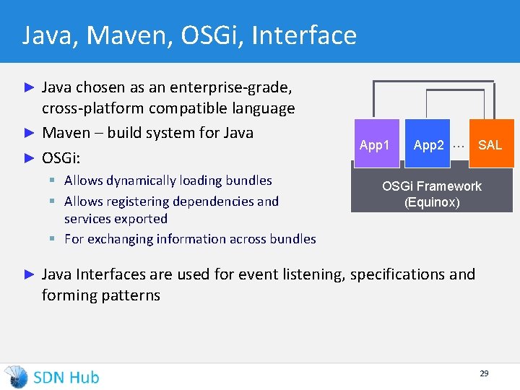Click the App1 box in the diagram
[x=375, y=145]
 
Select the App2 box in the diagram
[x=428, y=145]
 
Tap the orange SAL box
[x=490, y=145]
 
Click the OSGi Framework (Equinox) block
[x=432, y=194]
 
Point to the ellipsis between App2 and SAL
[x=457, y=144]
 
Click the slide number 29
[x=484, y=373]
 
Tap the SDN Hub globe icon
[x=16, y=377]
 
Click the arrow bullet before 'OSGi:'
[x=30, y=156]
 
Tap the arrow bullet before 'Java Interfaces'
[x=30, y=274]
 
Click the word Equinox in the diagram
[x=432, y=202]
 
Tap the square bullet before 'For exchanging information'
[x=54, y=238]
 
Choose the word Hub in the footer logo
[x=84, y=377]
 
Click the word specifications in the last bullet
[x=394, y=274]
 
